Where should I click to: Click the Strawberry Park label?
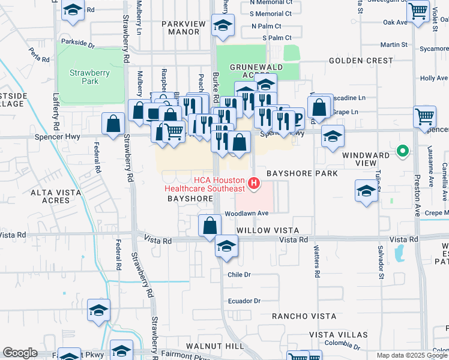[x=83, y=76]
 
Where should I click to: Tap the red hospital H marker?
[x=254, y=182]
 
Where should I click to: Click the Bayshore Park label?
[x=302, y=173]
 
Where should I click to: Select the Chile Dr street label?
[x=238, y=274]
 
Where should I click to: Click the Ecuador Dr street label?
[x=243, y=301]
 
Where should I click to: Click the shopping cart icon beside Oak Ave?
[x=418, y=10]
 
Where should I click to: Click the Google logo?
[x=20, y=353]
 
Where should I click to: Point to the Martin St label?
[x=394, y=45]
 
